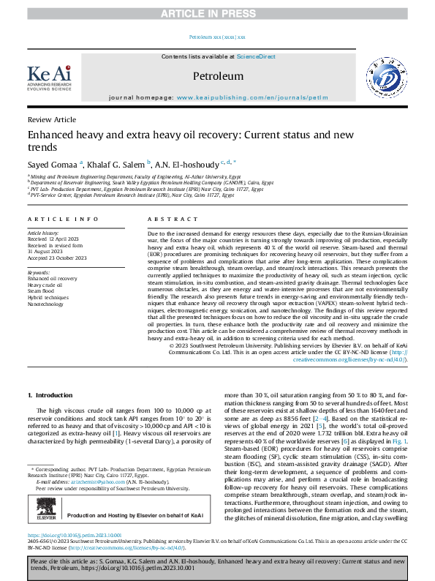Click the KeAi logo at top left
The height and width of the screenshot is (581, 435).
[x=48, y=77]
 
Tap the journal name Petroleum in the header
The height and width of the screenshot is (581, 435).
[x=217, y=76]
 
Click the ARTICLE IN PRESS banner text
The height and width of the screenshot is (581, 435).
[x=217, y=7]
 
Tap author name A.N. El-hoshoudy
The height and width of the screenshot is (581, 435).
[x=192, y=164]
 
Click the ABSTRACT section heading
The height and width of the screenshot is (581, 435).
[x=167, y=219]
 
